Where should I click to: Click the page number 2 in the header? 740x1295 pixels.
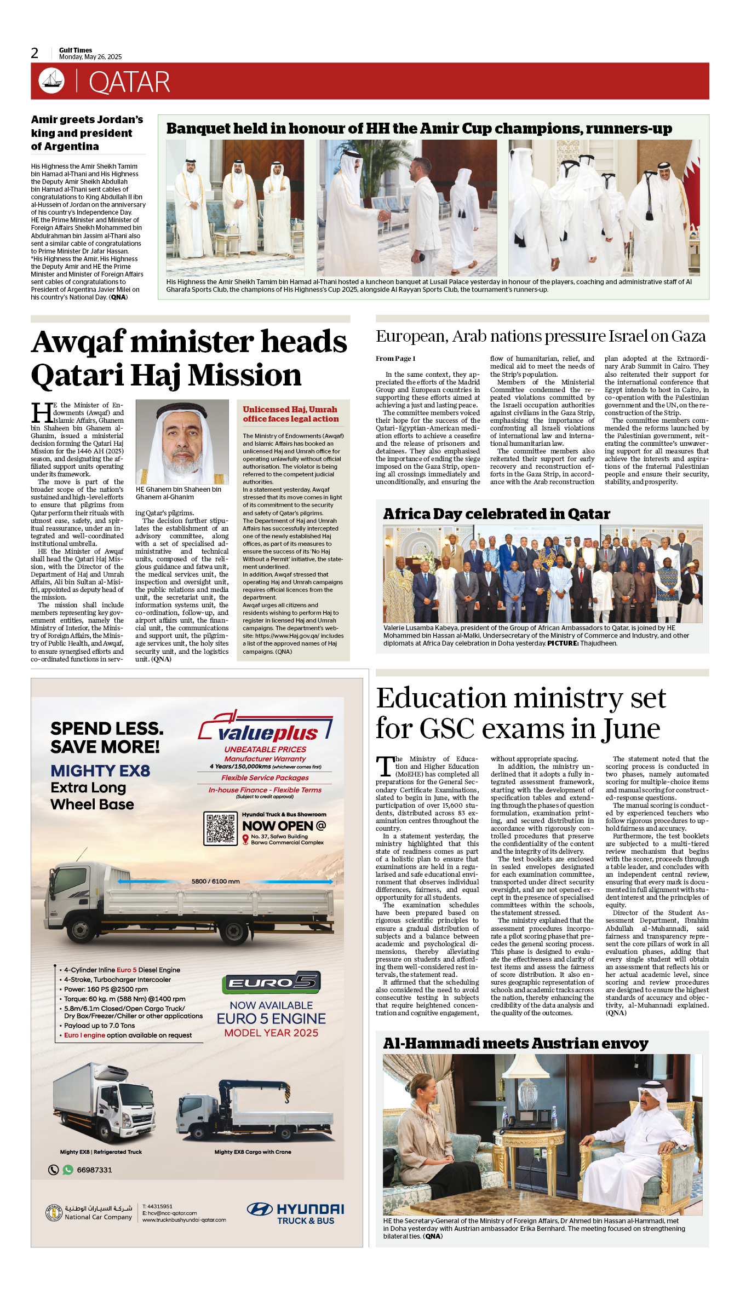coord(35,53)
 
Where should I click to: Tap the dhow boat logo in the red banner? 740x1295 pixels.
coord(51,81)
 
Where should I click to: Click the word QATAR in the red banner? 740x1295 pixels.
coord(129,82)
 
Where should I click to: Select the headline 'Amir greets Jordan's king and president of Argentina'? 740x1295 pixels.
coord(87,133)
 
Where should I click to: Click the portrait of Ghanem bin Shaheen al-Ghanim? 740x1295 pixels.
coord(182,441)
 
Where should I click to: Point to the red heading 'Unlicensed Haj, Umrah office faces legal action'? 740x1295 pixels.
coord(291,414)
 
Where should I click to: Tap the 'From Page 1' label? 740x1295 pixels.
coord(395,359)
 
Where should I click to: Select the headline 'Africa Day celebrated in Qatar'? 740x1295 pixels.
coord(496,514)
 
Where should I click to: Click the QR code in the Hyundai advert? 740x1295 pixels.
coord(220,828)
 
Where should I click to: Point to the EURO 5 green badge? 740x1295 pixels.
coord(271,983)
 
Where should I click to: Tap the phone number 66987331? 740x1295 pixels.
coord(94,1170)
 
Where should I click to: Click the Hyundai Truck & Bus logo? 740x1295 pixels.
coord(296,1213)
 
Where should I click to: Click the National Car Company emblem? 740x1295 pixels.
coord(54,1213)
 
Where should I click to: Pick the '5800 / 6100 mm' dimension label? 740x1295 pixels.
coord(215,882)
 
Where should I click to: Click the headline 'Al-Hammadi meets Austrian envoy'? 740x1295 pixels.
coord(515,1044)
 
